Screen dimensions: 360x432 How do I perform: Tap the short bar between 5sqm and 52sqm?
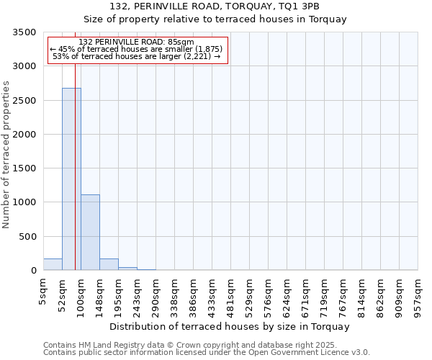tap(53, 264)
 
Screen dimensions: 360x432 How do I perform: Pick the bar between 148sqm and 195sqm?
tap(109, 264)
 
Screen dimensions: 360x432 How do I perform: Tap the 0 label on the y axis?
tap(33, 271)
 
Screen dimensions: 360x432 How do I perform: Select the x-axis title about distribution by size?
tap(230, 326)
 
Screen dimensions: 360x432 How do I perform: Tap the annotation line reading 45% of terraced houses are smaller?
tap(137, 49)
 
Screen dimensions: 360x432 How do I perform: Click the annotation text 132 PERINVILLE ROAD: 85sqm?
tap(137, 42)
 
